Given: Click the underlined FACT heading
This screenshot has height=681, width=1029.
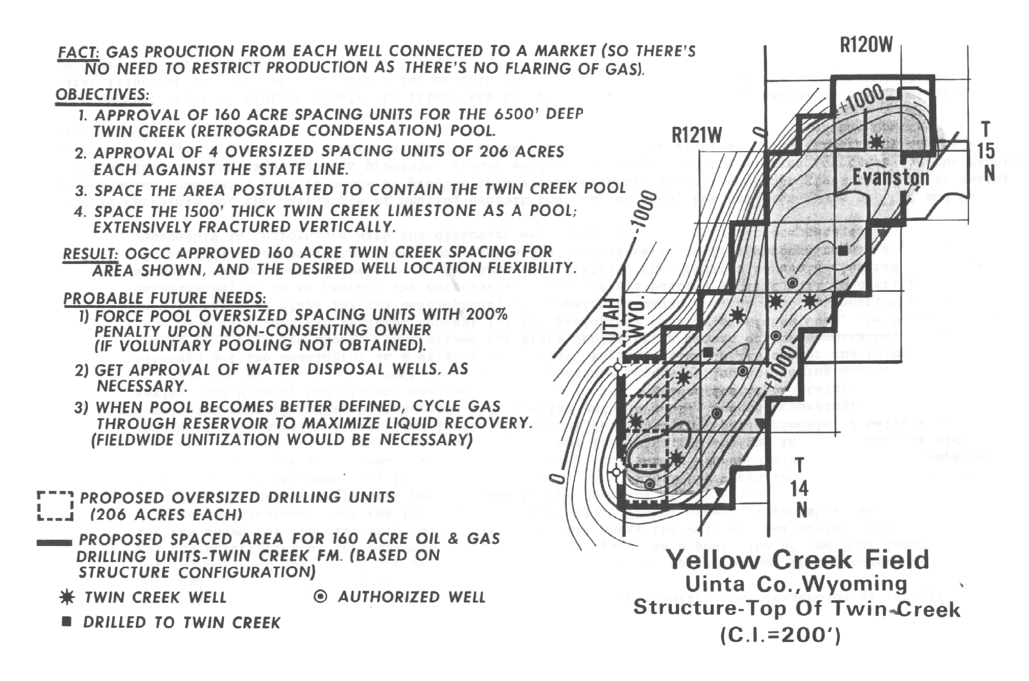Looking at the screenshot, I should [78, 52].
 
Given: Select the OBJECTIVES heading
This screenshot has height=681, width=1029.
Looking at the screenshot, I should [102, 95].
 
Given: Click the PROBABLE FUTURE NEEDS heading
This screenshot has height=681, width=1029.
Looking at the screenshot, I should [165, 299].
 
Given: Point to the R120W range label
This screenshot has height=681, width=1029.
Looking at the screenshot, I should [866, 46].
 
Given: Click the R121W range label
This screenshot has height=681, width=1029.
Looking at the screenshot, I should [696, 136].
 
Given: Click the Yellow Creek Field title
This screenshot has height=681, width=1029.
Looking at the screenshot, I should [797, 560].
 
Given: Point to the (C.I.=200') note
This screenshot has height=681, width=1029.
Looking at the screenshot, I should [781, 635].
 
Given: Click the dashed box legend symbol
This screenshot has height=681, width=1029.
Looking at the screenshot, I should [55, 506].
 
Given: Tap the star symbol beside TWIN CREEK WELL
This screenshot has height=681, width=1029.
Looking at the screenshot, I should [67, 597].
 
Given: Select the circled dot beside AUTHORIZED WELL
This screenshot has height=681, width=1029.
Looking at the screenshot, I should [321, 597].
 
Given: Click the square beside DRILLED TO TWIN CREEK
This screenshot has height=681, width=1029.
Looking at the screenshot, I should [66, 621].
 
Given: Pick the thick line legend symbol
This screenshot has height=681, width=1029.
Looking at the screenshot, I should [54, 543].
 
